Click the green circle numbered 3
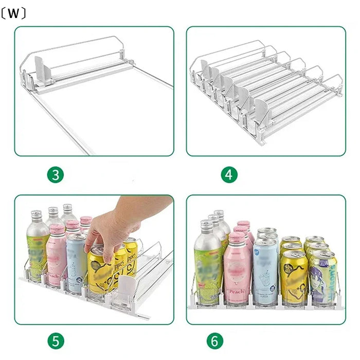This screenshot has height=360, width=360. coord(55,175)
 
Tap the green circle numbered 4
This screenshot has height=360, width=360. coord(229,175)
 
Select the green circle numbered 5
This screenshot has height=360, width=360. coord(55,341)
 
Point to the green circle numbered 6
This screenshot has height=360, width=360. coord(215,341)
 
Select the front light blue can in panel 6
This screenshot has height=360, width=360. coord(265,275)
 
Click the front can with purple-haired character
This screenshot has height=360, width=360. coord(322,280)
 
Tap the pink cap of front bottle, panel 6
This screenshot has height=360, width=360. coord(237,238)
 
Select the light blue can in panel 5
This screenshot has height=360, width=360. coord(77,265)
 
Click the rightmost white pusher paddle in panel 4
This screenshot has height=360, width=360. coord(261,110)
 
